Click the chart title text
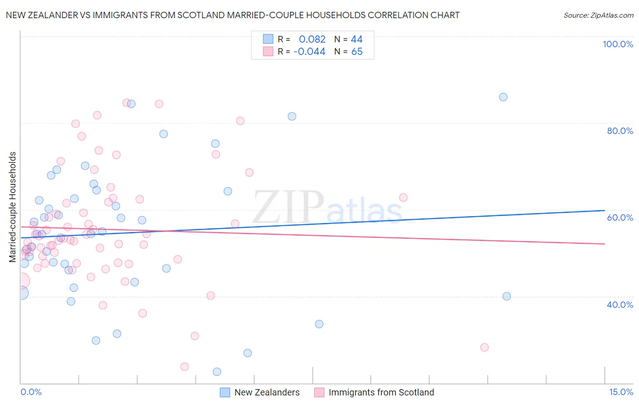(232, 15)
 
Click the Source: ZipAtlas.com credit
(598, 15)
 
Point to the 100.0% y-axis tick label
(618, 44)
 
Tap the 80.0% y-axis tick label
(620, 131)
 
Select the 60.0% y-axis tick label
(620, 217)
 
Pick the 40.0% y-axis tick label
(620, 305)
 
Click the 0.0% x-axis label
(31, 392)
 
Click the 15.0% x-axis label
(621, 392)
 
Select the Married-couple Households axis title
(13, 207)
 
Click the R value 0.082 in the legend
(312, 40)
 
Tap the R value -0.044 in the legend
(310, 52)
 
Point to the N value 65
(357, 52)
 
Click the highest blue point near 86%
(503, 97)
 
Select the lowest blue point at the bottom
(217, 372)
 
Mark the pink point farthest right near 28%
(484, 347)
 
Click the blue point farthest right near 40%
(507, 296)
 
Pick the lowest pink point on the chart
(185, 366)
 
